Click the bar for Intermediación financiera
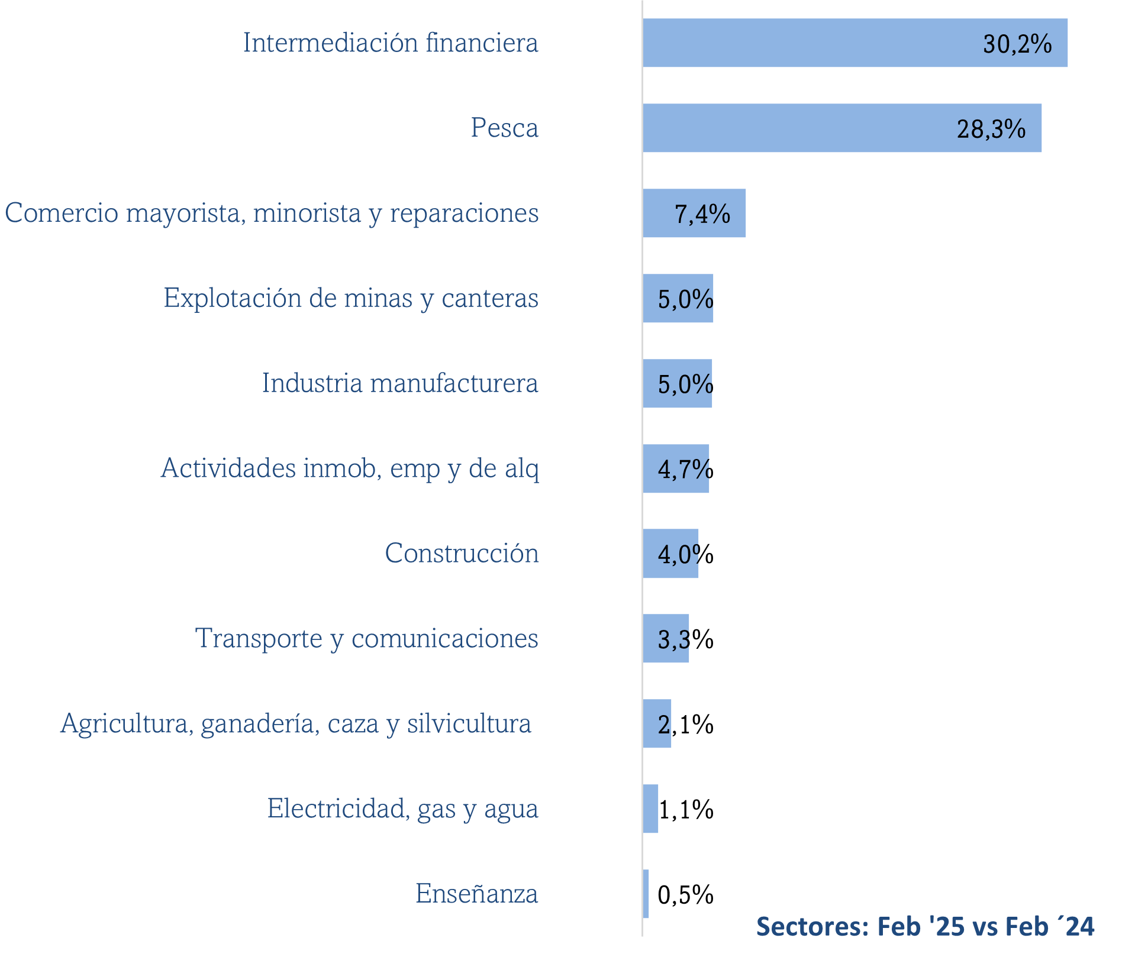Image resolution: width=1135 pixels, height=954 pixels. coord(855,43)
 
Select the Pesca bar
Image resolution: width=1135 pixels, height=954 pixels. coord(841,128)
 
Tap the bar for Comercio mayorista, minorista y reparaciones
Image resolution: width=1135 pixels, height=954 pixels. coord(694,213)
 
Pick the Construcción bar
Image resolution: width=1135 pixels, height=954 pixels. coord(670,554)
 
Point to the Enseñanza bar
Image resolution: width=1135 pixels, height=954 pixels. coord(646,894)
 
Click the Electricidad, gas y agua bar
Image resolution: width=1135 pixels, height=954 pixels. coord(650,809)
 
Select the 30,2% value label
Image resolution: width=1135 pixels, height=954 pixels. coord(1017,44)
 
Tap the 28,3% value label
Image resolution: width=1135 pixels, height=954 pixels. coord(991,129)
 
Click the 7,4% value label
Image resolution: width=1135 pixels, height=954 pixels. coord(702,214)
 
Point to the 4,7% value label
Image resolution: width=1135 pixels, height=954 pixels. coord(685,470)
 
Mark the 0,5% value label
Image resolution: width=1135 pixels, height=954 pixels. coord(685,895)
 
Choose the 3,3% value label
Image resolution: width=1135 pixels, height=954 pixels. coord(685,639)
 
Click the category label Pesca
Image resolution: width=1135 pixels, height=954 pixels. coord(504,128)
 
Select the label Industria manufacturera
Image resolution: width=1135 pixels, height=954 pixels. coord(400,383)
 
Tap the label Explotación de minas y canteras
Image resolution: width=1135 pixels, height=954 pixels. coord(351,298)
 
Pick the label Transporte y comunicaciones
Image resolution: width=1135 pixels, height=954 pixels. coord(367,639)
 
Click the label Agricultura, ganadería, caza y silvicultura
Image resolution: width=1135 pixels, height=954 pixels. coord(296,723)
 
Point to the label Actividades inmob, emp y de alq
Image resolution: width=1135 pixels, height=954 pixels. coord(350,468)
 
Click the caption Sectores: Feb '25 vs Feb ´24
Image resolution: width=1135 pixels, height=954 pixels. coord(925,926)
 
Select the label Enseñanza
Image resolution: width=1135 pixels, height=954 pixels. coord(476,894)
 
